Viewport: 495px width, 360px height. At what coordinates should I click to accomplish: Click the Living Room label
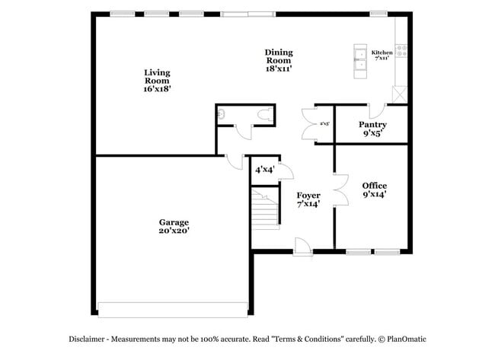tap(157, 80)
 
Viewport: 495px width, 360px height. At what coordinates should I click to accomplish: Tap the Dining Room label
tap(279, 60)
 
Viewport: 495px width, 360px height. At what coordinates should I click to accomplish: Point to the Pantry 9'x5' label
tap(372, 129)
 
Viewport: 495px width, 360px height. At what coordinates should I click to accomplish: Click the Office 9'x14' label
tap(374, 190)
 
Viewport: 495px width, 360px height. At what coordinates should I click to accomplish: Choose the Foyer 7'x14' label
tap(308, 199)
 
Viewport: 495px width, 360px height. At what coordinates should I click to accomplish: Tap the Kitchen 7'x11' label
tap(382, 55)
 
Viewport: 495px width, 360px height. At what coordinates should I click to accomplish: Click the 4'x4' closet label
tap(264, 169)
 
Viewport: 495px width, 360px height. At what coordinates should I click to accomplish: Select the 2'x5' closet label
tap(324, 123)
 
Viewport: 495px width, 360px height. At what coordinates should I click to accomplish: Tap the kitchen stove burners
tap(401, 52)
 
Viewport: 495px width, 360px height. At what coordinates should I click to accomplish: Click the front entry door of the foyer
tap(302, 247)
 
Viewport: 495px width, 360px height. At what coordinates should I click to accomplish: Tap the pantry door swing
tap(373, 110)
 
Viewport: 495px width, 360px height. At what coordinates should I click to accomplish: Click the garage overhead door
tap(173, 309)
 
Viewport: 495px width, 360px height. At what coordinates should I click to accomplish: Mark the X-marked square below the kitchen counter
tap(399, 95)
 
